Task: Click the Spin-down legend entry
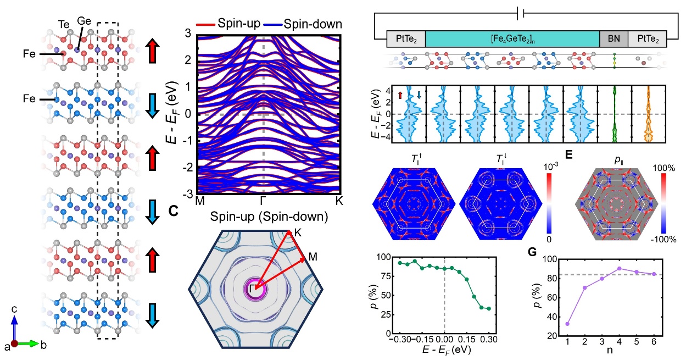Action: pos(313,24)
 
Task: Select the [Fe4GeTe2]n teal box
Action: pos(512,38)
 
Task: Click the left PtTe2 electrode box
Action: pos(406,38)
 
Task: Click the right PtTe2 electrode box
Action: pos(647,38)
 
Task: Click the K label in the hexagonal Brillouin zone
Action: pos(297,232)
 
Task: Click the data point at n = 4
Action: pos(604,269)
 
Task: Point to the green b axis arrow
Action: pos(31,344)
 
